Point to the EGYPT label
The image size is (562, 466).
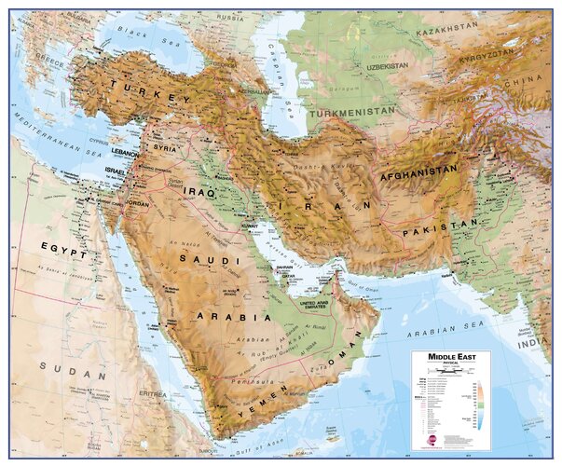coord(63,250)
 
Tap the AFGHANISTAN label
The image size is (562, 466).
coord(418,171)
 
